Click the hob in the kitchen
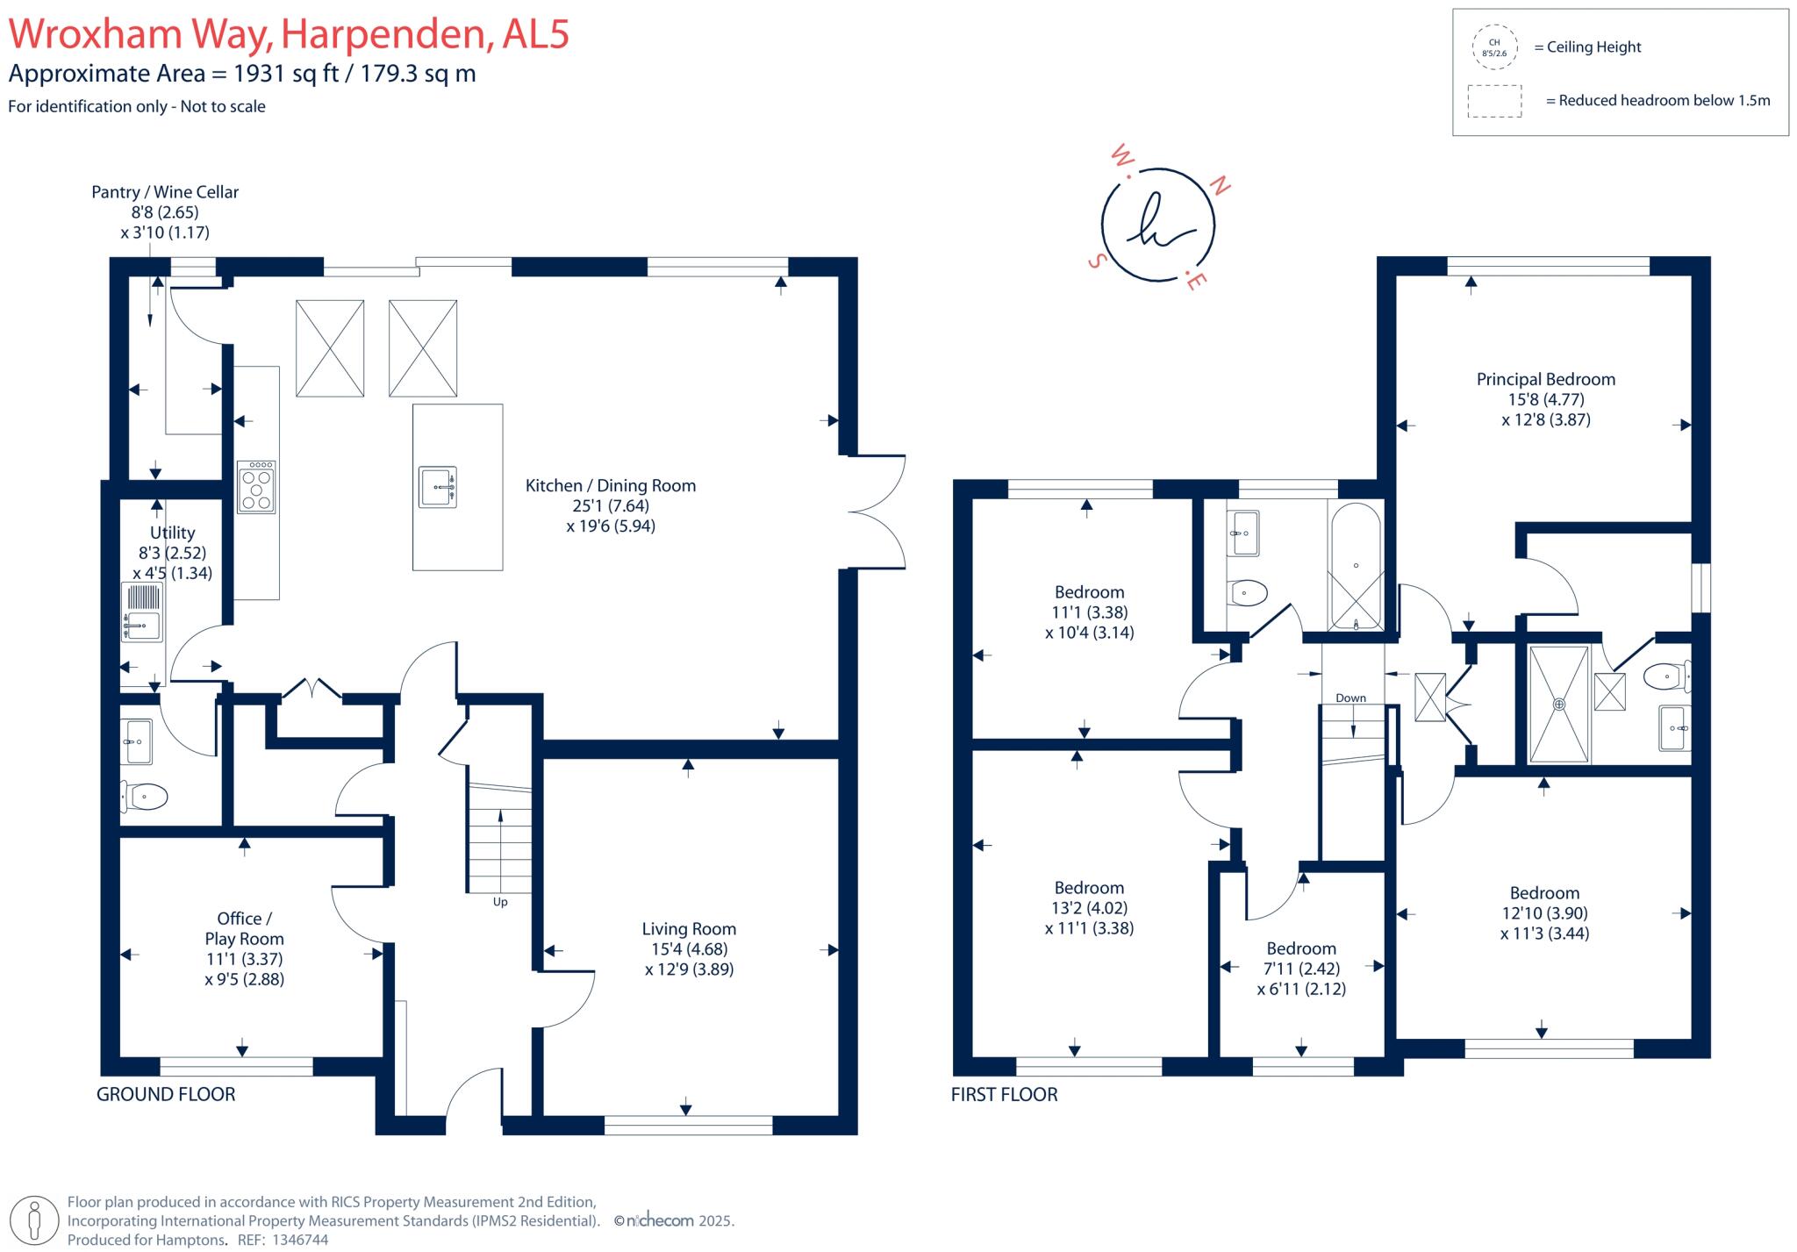[x=256, y=487]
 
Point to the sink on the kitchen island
[x=438, y=486]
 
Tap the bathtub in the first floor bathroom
[x=1356, y=566]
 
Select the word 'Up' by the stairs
[x=500, y=902]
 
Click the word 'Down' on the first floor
[x=1350, y=698]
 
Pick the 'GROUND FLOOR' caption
[x=166, y=1095]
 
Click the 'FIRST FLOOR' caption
[x=1004, y=1095]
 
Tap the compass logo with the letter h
[x=1158, y=224]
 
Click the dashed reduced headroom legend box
[x=1494, y=101]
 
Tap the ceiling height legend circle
[x=1493, y=47]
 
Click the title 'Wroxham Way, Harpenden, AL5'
[x=289, y=34]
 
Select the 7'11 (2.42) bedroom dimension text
[x=1301, y=969]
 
